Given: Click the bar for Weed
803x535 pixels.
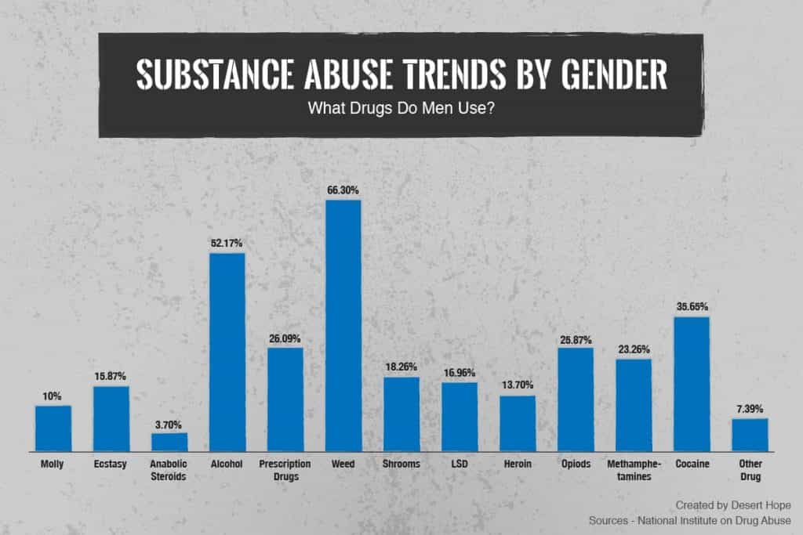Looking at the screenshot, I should coord(343,326).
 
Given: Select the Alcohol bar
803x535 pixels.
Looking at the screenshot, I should coord(227,352).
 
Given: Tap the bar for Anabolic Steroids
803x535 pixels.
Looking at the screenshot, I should coord(169,442).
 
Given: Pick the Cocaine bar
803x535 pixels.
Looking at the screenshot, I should coord(692,384).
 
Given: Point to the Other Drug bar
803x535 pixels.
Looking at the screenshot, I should coord(750,435).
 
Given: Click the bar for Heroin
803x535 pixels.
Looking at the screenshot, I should coord(518,423).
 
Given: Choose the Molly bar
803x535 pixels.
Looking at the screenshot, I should coord(53,428).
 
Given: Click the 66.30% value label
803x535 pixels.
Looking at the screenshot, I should coord(343,190).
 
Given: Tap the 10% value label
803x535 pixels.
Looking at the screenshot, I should coord(53,396).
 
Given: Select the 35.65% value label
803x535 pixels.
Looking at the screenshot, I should coord(692,306).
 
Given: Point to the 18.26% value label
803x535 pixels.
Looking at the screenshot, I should coord(401,367).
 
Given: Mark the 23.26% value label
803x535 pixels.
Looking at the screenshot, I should coord(634,349).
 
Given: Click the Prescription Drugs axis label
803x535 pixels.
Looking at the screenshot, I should coord(285,469).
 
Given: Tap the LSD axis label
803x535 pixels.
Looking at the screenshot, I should coord(460,464).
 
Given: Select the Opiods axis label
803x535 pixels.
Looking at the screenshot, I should coord(576,464).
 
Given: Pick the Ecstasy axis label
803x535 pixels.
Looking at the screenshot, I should coord(111,464).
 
